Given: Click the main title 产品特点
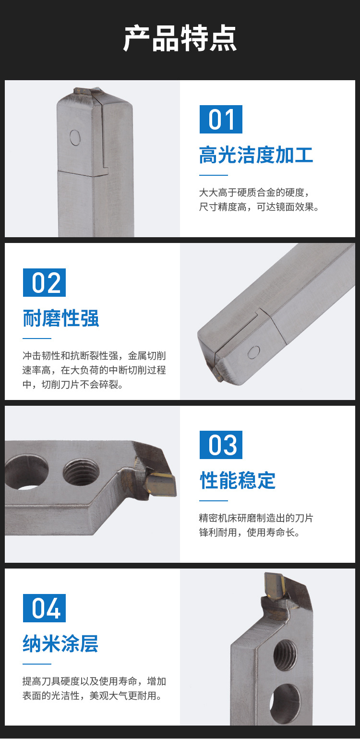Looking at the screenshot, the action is [180, 38].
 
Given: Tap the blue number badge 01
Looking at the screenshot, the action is [221, 119].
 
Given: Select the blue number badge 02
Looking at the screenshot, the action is [44, 282].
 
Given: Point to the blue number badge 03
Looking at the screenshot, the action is [221, 445].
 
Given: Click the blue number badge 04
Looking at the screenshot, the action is [44, 608].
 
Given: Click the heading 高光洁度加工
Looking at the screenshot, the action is [256, 155].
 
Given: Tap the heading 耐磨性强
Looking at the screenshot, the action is [60, 318].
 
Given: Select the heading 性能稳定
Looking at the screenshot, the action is [238, 480].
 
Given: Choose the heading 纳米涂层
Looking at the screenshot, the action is [60, 643].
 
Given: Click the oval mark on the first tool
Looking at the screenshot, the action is [75, 138].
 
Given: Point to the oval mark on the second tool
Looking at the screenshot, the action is [253, 352].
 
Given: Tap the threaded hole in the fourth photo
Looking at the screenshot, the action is [285, 655].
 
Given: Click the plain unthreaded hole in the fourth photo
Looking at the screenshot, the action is [285, 702].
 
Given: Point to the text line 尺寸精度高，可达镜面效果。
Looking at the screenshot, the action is [259, 207].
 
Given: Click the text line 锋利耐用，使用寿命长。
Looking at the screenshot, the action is [250, 532].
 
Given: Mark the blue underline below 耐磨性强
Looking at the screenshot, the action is [37, 338].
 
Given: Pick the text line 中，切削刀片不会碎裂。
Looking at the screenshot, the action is [73, 384].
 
